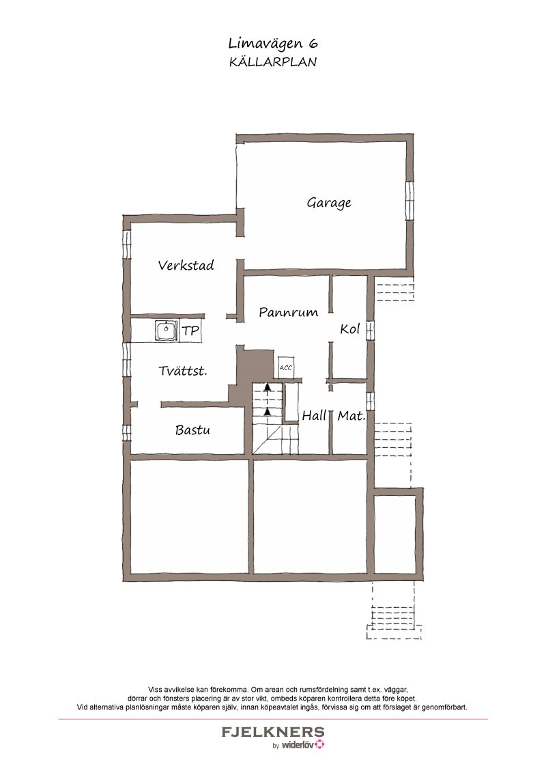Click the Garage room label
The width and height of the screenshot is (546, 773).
pyautogui.click(x=329, y=203)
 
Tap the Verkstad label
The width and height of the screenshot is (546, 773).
pyautogui.click(x=186, y=265)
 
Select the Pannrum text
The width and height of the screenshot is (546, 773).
pyautogui.click(x=288, y=312)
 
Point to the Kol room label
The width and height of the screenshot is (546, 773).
pyautogui.click(x=350, y=329)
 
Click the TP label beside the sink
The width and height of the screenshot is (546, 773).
pyautogui.click(x=190, y=331)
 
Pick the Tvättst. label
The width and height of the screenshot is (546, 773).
pyautogui.click(x=183, y=371)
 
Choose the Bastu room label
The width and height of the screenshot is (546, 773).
pyautogui.click(x=192, y=430)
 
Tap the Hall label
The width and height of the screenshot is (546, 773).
pyautogui.click(x=315, y=416)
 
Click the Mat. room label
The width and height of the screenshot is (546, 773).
pyautogui.click(x=351, y=416)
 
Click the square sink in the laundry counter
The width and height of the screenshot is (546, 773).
pyautogui.click(x=166, y=331)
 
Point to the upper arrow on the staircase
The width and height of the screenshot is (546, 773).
pyautogui.click(x=267, y=388)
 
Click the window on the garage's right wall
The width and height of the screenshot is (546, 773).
pyautogui.click(x=409, y=201)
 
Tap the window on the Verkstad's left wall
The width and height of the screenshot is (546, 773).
pyautogui.click(x=127, y=244)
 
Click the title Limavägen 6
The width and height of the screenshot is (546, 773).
pyautogui.click(x=273, y=44)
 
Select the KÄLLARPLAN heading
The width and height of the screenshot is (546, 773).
pyautogui.click(x=273, y=62)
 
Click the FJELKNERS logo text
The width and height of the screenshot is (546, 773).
pyautogui.click(x=273, y=731)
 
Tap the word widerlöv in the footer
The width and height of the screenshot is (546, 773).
pyautogui.click(x=298, y=745)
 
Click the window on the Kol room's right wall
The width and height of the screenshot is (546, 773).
pyautogui.click(x=370, y=328)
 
